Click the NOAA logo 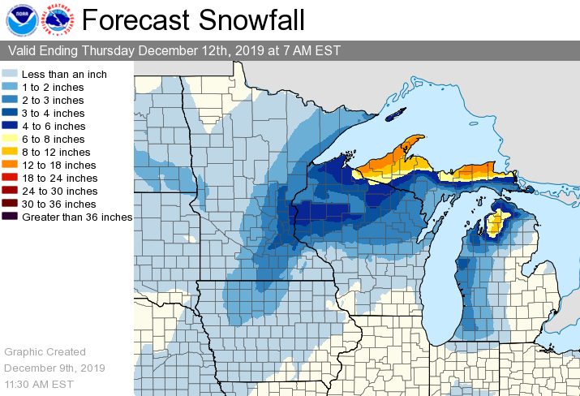click(x=19, y=20)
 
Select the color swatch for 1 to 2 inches click(x=12, y=87)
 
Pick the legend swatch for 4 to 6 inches click(x=12, y=126)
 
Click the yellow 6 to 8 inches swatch click(x=12, y=139)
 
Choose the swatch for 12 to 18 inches click(x=12, y=165)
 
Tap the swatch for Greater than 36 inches click(x=12, y=217)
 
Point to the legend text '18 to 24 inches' click(x=59, y=178)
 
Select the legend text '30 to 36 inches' click(x=59, y=204)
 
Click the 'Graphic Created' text click(x=45, y=351)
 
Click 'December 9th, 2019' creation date click(x=54, y=367)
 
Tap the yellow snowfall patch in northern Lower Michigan click(x=496, y=223)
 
